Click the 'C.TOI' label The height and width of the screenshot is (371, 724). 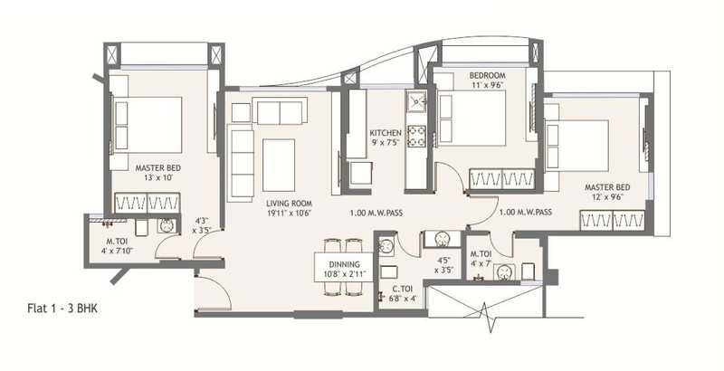(403, 290)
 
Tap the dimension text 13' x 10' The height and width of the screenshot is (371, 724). (154, 177)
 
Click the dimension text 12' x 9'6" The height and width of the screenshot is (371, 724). (606, 198)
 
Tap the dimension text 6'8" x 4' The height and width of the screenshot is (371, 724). (402, 299)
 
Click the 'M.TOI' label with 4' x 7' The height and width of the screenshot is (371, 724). (481, 254)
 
